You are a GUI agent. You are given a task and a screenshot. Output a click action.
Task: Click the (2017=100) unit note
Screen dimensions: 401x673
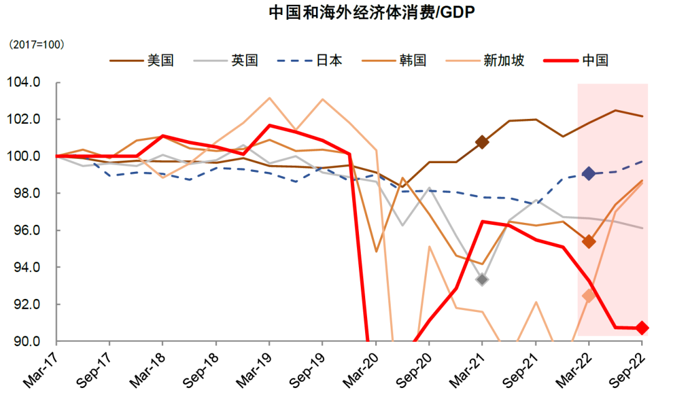(x=36, y=45)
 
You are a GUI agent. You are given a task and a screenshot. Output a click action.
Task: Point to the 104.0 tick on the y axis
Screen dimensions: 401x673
(x=24, y=82)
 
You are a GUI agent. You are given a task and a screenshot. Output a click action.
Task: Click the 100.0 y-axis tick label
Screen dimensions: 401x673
(x=24, y=156)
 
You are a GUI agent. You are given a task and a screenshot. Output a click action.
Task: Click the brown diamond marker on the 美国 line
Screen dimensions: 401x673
(x=482, y=142)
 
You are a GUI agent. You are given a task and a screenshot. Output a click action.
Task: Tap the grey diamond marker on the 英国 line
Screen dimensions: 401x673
(x=482, y=280)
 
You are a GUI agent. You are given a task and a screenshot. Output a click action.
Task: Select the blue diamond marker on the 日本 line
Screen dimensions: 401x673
(x=589, y=174)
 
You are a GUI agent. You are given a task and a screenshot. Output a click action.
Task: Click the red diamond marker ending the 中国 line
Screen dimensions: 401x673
(x=642, y=328)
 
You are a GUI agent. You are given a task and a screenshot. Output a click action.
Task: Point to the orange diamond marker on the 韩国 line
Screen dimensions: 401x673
(x=589, y=242)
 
